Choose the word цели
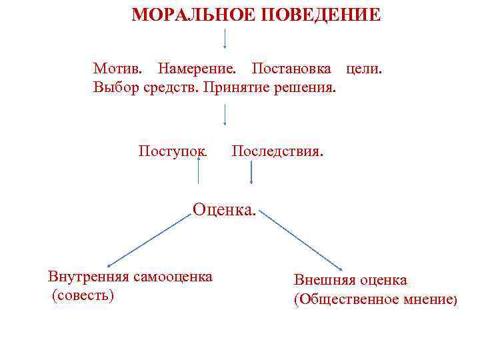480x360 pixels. (x=364, y=69)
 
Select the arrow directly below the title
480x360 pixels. (x=225, y=39)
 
